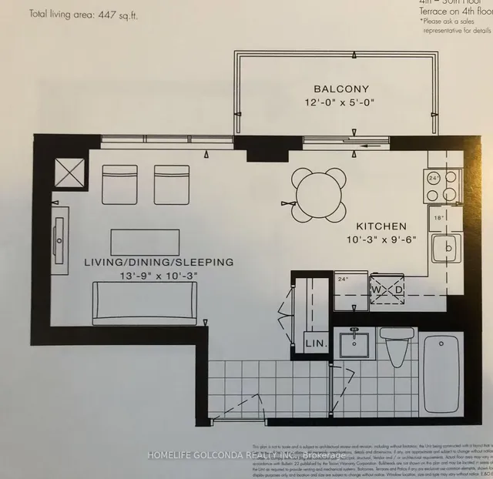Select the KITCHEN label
point(381,226)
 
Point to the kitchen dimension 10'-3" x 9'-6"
point(381,239)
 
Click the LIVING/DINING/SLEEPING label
point(158,263)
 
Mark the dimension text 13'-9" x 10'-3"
point(156,276)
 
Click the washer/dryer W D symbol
point(389,290)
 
